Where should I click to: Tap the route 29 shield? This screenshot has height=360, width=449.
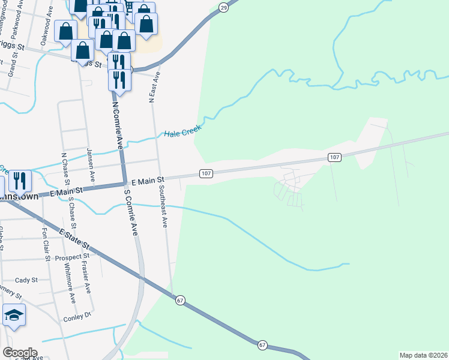point(223,7)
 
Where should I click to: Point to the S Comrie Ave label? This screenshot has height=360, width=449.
point(131,212)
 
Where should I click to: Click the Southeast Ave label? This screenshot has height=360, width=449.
point(163,206)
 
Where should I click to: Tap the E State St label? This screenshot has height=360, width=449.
point(73,238)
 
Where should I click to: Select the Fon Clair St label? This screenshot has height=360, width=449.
point(45,244)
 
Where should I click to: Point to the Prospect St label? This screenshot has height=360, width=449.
point(67,257)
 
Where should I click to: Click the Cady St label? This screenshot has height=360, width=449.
point(26,280)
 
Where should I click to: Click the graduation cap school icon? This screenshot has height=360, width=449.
point(14,316)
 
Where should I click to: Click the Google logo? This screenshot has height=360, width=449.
point(19,353)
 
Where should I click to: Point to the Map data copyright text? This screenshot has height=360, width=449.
point(423,355)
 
